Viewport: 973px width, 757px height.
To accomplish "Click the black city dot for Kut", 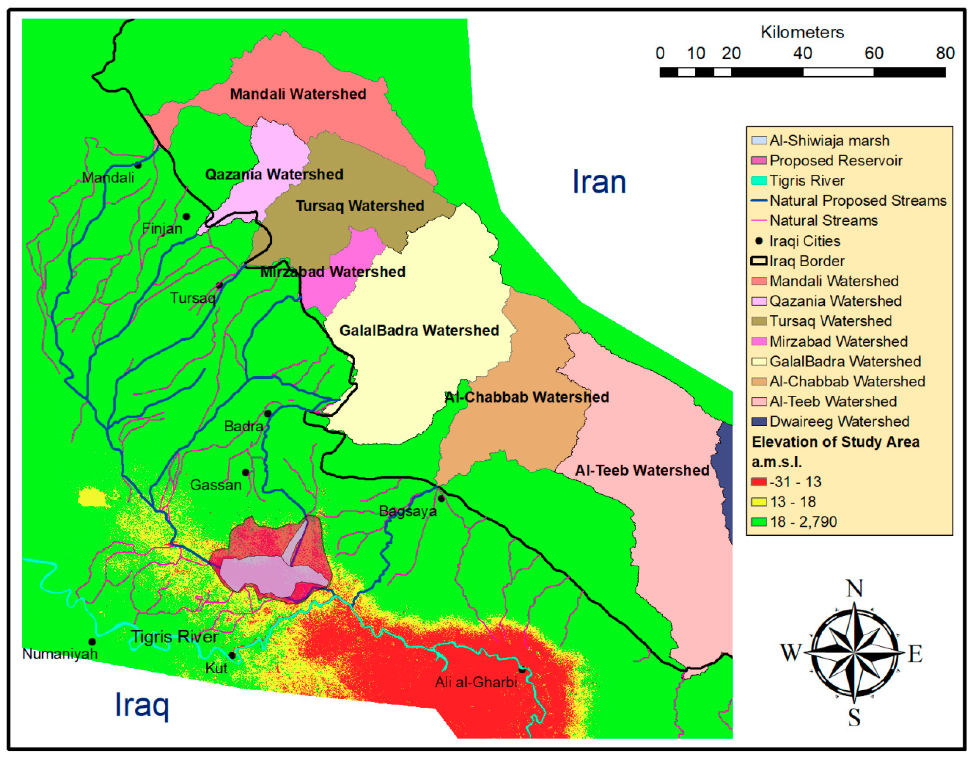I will click(232, 656).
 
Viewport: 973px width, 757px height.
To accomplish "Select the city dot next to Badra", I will click(268, 414).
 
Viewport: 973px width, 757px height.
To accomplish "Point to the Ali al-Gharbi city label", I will click(476, 682).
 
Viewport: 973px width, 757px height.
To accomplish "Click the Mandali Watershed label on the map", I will click(298, 94).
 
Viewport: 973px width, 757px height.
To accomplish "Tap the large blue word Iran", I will click(599, 182).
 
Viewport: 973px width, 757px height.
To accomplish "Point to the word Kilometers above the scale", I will click(802, 32).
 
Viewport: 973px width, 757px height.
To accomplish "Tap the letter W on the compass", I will click(791, 653).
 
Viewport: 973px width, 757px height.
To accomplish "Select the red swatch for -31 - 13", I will click(759, 482).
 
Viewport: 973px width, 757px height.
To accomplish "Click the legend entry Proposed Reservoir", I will click(836, 161).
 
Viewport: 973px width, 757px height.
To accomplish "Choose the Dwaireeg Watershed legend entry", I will click(839, 421).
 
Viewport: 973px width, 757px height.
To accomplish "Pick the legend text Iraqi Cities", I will click(804, 241).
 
